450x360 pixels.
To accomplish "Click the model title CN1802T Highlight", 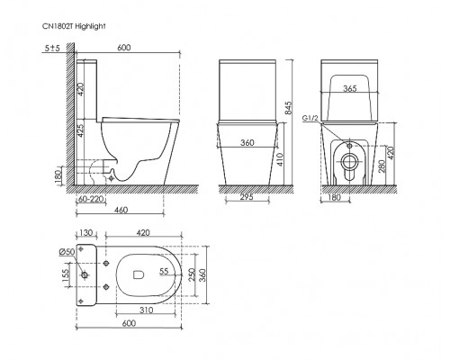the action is [74, 26].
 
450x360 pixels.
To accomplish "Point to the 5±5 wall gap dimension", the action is [52, 48].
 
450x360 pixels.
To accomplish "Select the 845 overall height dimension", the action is [289, 108].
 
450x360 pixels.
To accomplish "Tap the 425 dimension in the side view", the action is [81, 130].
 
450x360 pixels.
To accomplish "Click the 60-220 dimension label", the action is [91, 199].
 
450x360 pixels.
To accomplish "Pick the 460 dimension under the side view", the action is [121, 210].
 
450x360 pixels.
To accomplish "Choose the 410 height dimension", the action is [279, 160].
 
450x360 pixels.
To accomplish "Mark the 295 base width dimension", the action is [247, 197].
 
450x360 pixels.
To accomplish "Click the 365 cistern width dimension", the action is [350, 88].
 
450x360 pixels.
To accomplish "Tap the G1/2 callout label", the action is [310, 118].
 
